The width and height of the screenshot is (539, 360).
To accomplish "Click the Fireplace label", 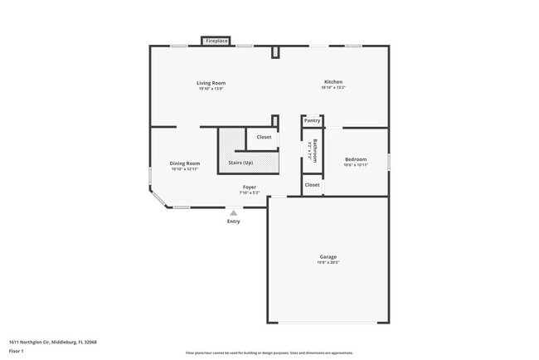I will click(x=217, y=41).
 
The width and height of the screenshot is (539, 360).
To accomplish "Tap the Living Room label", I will click(x=211, y=83).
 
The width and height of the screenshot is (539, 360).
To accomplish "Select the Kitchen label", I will click(x=333, y=82).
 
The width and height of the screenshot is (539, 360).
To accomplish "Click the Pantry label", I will click(x=312, y=120).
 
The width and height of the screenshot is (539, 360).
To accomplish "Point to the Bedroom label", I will click(x=356, y=158).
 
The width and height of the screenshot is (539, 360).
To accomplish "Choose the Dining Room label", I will click(x=185, y=163).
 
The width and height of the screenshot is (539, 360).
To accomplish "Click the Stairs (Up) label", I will click(x=240, y=163).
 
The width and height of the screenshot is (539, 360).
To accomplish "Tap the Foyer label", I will click(x=249, y=187).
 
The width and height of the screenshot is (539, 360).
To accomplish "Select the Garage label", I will click(x=328, y=257).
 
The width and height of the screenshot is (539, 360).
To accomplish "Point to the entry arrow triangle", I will click(x=234, y=213).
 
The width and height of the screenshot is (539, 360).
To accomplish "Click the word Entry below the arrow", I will click(x=234, y=221).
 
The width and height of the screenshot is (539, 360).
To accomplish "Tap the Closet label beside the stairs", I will click(x=264, y=137).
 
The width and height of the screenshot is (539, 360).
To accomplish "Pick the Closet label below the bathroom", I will click(x=312, y=184).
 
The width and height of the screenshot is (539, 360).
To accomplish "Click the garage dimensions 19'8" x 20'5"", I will click(x=328, y=263).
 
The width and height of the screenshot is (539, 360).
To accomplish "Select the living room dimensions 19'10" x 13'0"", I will click(x=211, y=89).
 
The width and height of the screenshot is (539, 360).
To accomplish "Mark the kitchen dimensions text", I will click(x=333, y=88).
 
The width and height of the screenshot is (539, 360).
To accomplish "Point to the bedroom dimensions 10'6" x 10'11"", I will click(x=356, y=165).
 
